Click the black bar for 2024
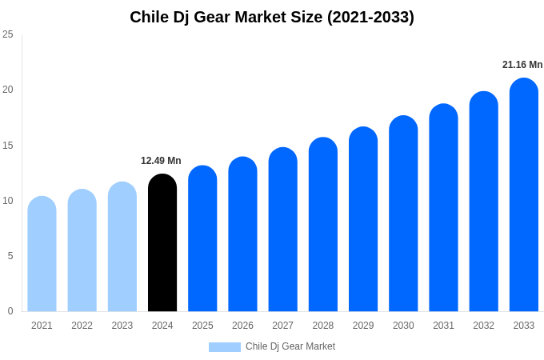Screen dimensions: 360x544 162,243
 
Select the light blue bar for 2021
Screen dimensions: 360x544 42,254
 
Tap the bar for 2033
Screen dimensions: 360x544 523,195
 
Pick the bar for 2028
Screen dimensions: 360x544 322,225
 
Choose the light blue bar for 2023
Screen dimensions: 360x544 122,247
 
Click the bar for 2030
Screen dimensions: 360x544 403,214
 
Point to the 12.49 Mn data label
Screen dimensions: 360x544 161,161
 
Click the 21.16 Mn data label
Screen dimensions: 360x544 522,65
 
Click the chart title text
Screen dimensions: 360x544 272,17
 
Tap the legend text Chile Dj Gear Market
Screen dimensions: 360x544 290,346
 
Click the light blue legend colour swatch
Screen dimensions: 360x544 224,346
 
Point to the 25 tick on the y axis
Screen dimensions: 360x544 8,34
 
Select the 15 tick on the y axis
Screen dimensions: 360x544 8,145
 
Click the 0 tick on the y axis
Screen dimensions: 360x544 10,311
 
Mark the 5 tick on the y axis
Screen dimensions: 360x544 10,256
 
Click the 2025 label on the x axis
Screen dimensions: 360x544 202,326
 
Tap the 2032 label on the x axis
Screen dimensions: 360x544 483,326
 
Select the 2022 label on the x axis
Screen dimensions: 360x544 82,326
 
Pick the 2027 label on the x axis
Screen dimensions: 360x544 282,326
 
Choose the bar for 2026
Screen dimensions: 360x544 242,234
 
